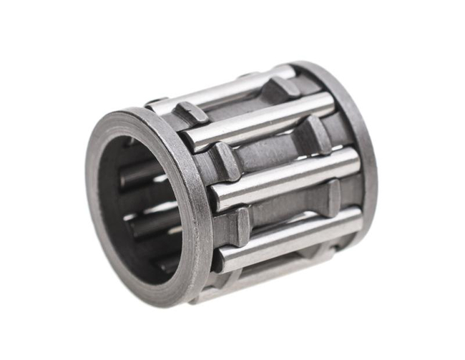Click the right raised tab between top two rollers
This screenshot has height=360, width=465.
pyautogui.click(x=279, y=89)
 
